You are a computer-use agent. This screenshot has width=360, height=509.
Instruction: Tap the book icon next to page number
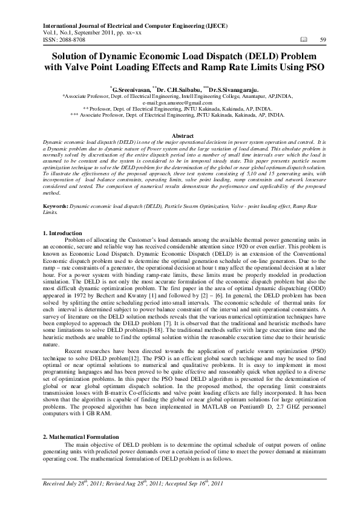click(303, 40)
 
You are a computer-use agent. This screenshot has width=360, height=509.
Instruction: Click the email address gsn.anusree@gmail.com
click(189, 103)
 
